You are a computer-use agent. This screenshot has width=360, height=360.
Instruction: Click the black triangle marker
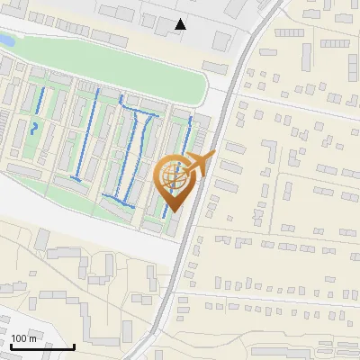pos(181,25)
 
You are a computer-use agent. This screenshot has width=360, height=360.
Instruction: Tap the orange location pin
pos(175,180)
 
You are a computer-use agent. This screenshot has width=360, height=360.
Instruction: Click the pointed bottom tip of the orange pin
pos(172,211)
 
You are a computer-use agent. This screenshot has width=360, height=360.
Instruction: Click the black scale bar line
pos(41,346)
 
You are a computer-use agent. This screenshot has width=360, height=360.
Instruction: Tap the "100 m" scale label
pos(24,338)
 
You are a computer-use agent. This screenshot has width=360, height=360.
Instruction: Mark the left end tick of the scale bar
pos(10,344)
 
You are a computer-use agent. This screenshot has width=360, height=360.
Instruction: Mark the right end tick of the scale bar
pos(74,344)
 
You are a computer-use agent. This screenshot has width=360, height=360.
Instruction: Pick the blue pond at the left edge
pos(4,41)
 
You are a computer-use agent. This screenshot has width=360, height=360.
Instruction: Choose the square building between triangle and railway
pos(220,42)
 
